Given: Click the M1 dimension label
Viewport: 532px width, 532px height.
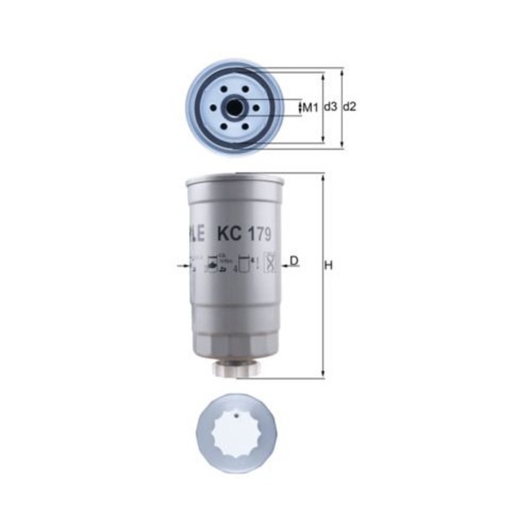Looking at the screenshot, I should coord(310,108).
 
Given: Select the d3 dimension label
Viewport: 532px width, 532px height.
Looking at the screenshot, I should coord(330,107).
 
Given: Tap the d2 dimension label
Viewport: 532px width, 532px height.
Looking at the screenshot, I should coord(349,107).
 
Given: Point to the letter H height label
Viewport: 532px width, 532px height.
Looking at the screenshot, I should coord(330,265).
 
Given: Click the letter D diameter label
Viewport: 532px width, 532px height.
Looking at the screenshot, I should coord(294,261).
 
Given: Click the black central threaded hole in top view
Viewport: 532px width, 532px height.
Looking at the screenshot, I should coord(234,108).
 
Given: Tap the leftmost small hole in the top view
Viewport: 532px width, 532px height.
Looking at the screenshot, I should coord(214,108).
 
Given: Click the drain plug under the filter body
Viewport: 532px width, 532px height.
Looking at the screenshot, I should coord(235,367).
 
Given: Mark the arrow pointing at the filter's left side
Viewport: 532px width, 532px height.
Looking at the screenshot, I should coord(183,264).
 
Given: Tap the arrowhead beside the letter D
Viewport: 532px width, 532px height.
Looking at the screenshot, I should coord(286,264).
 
